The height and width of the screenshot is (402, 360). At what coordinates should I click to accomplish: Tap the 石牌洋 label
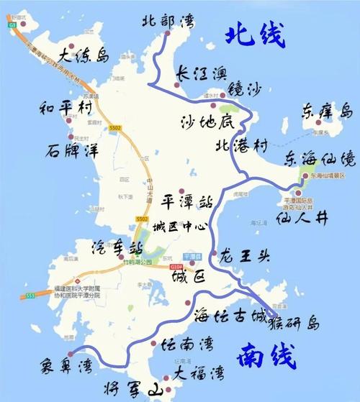71,152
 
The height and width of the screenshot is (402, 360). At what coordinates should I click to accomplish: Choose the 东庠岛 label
328,111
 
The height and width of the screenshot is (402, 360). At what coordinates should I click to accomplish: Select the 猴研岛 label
294,321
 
